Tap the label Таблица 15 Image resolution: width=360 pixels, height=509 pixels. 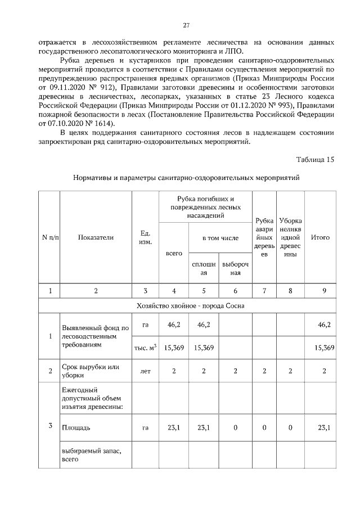pos(313,159)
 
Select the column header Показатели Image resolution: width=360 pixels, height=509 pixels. pos(96,237)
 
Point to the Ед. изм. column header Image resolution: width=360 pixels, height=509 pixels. pos(145,237)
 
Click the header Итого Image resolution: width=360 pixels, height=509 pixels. pos(320,237)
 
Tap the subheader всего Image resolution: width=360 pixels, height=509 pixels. pos(174,253)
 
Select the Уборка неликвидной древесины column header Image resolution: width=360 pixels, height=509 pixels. pos(290,237)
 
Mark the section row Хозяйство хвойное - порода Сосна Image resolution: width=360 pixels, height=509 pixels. pos(186,306)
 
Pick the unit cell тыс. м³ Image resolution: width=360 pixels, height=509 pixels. pos(145,348)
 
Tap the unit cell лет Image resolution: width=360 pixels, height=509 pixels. pos(145,371)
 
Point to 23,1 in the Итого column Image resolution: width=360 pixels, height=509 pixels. pos(324,427)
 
